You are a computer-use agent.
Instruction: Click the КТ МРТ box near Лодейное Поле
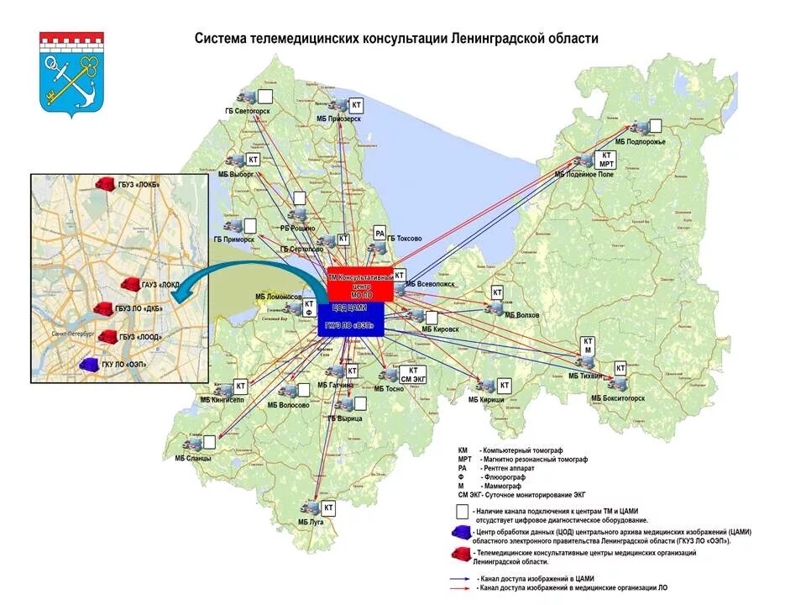click(606, 160)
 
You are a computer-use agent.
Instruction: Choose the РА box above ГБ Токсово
click(379, 234)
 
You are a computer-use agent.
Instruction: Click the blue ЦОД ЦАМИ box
click(351, 319)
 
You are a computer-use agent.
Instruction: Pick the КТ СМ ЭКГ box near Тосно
click(412, 375)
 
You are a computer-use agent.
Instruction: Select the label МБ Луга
click(311, 522)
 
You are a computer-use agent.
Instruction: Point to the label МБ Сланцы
click(193, 459)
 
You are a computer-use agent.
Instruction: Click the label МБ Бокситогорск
click(618, 397)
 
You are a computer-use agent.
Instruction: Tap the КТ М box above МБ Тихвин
click(589, 345)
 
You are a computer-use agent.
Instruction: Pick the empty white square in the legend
click(461, 511)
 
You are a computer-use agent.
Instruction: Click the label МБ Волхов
click(521, 315)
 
